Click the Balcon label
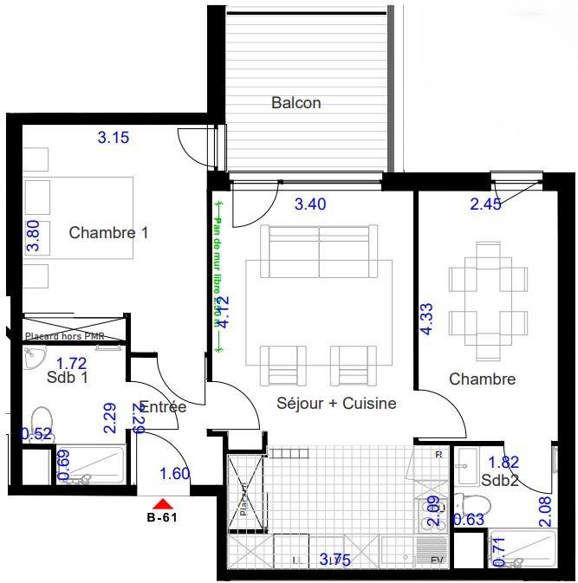296,103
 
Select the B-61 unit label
163,519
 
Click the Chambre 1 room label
109,232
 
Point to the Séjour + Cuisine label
336,403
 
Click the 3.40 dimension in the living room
311,205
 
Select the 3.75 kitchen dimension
335,560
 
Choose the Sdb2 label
500,481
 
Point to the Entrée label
163,406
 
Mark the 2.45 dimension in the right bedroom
486,204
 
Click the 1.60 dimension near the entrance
175,473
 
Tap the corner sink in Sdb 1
33,355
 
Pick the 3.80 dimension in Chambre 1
33,235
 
